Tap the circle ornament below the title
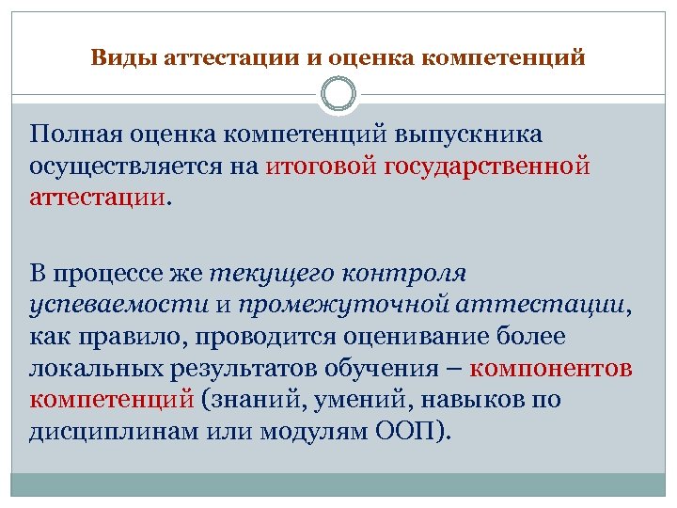coord(338,95)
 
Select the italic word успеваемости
coord(118,305)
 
